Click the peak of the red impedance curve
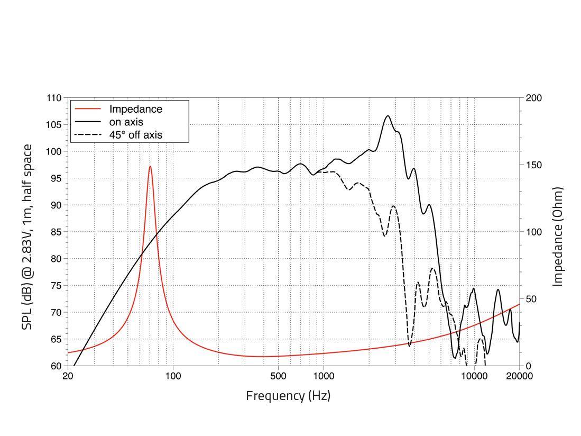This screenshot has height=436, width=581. pos(150,166)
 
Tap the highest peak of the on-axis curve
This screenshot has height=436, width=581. pos(388,116)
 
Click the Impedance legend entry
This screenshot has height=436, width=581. pos(135,109)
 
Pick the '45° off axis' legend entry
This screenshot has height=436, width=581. pos(139,135)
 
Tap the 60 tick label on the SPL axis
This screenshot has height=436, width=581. pos(56,366)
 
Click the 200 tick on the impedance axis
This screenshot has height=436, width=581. pos(534,98)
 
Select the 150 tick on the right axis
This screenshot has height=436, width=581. pos(534,165)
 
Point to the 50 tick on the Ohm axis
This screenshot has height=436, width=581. pos(532,299)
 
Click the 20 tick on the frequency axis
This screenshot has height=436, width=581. pos(68,376)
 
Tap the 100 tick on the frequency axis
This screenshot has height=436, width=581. pos(173,376)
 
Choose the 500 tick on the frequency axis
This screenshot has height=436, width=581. pos(278,376)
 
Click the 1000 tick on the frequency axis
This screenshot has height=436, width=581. pos(324,376)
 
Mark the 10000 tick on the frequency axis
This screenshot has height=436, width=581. pos(474,376)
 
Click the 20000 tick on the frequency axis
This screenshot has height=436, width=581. pos(519,376)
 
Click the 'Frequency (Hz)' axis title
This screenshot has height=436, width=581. pos(288,395)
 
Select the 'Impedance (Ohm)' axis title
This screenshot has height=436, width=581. pos(558,237)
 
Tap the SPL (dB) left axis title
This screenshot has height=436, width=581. pos(27,237)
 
